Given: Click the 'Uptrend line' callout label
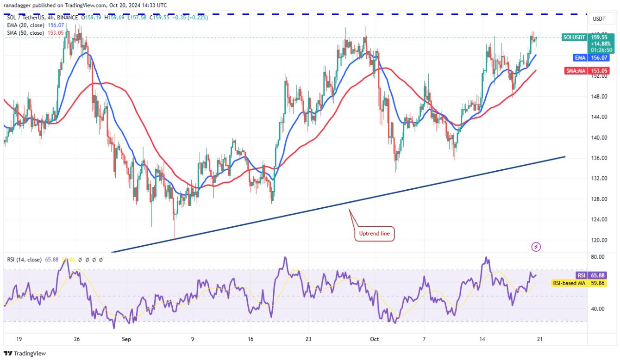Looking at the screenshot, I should point(375,234).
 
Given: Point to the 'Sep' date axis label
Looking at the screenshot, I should point(126,339).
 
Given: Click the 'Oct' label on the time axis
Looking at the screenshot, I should point(374,339).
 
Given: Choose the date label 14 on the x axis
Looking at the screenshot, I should point(482,339).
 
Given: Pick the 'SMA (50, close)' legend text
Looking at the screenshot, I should point(25,33).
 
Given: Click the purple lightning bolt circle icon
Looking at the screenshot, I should point(536,247).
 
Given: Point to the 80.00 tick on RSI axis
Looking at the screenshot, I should point(599,257).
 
